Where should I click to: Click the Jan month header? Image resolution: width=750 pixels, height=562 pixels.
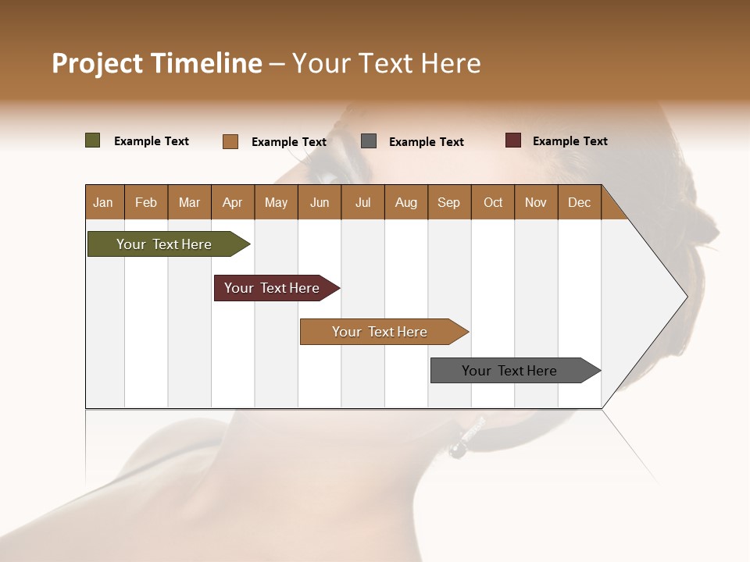(x=104, y=202)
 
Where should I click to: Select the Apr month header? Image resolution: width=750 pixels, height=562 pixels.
(x=233, y=202)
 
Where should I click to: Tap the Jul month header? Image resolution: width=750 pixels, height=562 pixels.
(x=362, y=202)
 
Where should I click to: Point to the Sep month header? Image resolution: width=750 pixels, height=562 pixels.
(x=448, y=202)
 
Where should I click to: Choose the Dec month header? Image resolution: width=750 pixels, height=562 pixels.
(x=579, y=202)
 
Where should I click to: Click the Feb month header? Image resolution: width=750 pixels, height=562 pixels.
(x=146, y=202)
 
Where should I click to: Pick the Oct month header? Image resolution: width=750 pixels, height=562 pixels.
(x=493, y=202)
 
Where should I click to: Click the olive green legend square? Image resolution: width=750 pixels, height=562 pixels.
(x=93, y=140)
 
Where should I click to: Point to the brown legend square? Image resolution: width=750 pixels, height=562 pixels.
(x=230, y=141)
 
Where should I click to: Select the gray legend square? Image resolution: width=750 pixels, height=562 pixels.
(x=369, y=141)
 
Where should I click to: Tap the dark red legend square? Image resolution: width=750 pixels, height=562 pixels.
(x=513, y=140)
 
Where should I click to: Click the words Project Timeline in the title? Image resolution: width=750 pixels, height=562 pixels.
(x=157, y=63)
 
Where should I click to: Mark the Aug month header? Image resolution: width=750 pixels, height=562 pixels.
(x=406, y=202)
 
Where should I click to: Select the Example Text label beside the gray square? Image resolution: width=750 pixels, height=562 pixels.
(x=426, y=142)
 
